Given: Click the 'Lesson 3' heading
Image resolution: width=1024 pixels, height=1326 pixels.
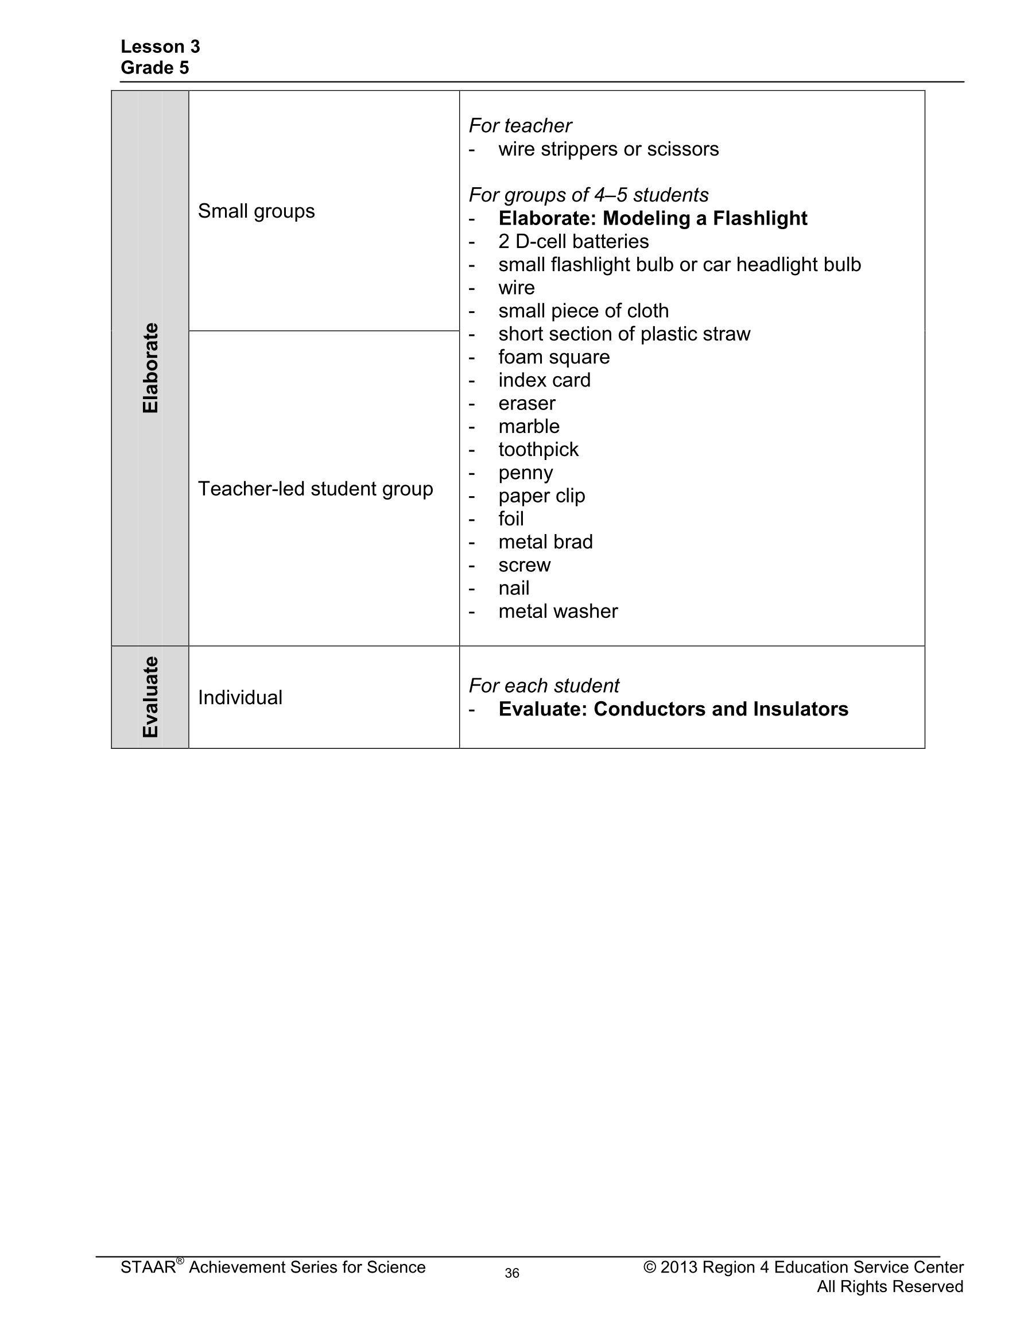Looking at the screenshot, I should click(160, 47).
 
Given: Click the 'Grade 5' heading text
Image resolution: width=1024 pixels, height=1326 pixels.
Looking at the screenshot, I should click(155, 68).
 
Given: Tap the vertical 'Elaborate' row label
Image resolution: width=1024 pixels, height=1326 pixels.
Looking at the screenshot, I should click(150, 368).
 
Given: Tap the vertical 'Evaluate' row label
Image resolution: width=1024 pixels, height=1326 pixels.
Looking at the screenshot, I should click(150, 697).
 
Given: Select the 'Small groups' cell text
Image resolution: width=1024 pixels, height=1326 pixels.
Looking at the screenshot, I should click(256, 211).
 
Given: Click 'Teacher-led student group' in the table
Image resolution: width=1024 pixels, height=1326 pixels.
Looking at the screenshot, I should click(315, 489).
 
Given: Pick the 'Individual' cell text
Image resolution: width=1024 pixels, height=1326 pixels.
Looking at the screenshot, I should click(240, 698).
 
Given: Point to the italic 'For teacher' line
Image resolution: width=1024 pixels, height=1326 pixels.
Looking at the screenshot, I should click(520, 126).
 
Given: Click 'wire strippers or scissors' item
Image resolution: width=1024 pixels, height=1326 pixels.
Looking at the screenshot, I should click(608, 149).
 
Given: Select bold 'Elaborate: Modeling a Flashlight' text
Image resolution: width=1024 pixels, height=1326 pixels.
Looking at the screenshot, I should click(653, 219).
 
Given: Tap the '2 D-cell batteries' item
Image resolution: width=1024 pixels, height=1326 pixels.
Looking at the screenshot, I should click(573, 242).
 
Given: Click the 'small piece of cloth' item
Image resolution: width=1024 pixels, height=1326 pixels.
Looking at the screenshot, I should click(583, 311).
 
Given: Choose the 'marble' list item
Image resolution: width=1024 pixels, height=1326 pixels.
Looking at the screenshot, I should click(529, 426).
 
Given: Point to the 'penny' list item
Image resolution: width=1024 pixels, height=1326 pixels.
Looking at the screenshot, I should click(526, 473).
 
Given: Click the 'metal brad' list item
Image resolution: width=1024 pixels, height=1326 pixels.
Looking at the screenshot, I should click(545, 542).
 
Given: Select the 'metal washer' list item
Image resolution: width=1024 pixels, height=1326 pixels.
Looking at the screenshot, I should click(558, 611).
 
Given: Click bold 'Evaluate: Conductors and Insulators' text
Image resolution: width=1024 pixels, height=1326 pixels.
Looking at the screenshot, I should click(673, 709).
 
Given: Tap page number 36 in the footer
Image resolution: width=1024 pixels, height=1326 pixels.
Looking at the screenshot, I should click(511, 1273).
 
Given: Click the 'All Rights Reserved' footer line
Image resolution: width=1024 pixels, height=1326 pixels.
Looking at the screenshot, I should click(889, 1286).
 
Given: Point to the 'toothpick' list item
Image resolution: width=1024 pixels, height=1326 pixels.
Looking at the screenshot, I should click(538, 449).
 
